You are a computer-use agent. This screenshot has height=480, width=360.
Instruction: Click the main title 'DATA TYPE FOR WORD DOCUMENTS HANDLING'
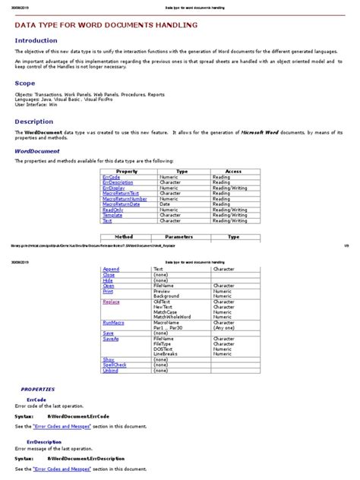[107, 25]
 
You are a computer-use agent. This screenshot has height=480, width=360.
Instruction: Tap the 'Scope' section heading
[25, 83]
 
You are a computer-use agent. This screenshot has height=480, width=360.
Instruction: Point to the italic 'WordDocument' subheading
[38, 151]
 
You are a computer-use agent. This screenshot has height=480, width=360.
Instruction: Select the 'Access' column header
[233, 172]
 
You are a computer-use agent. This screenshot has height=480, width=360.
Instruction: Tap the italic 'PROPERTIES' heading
[37, 388]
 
